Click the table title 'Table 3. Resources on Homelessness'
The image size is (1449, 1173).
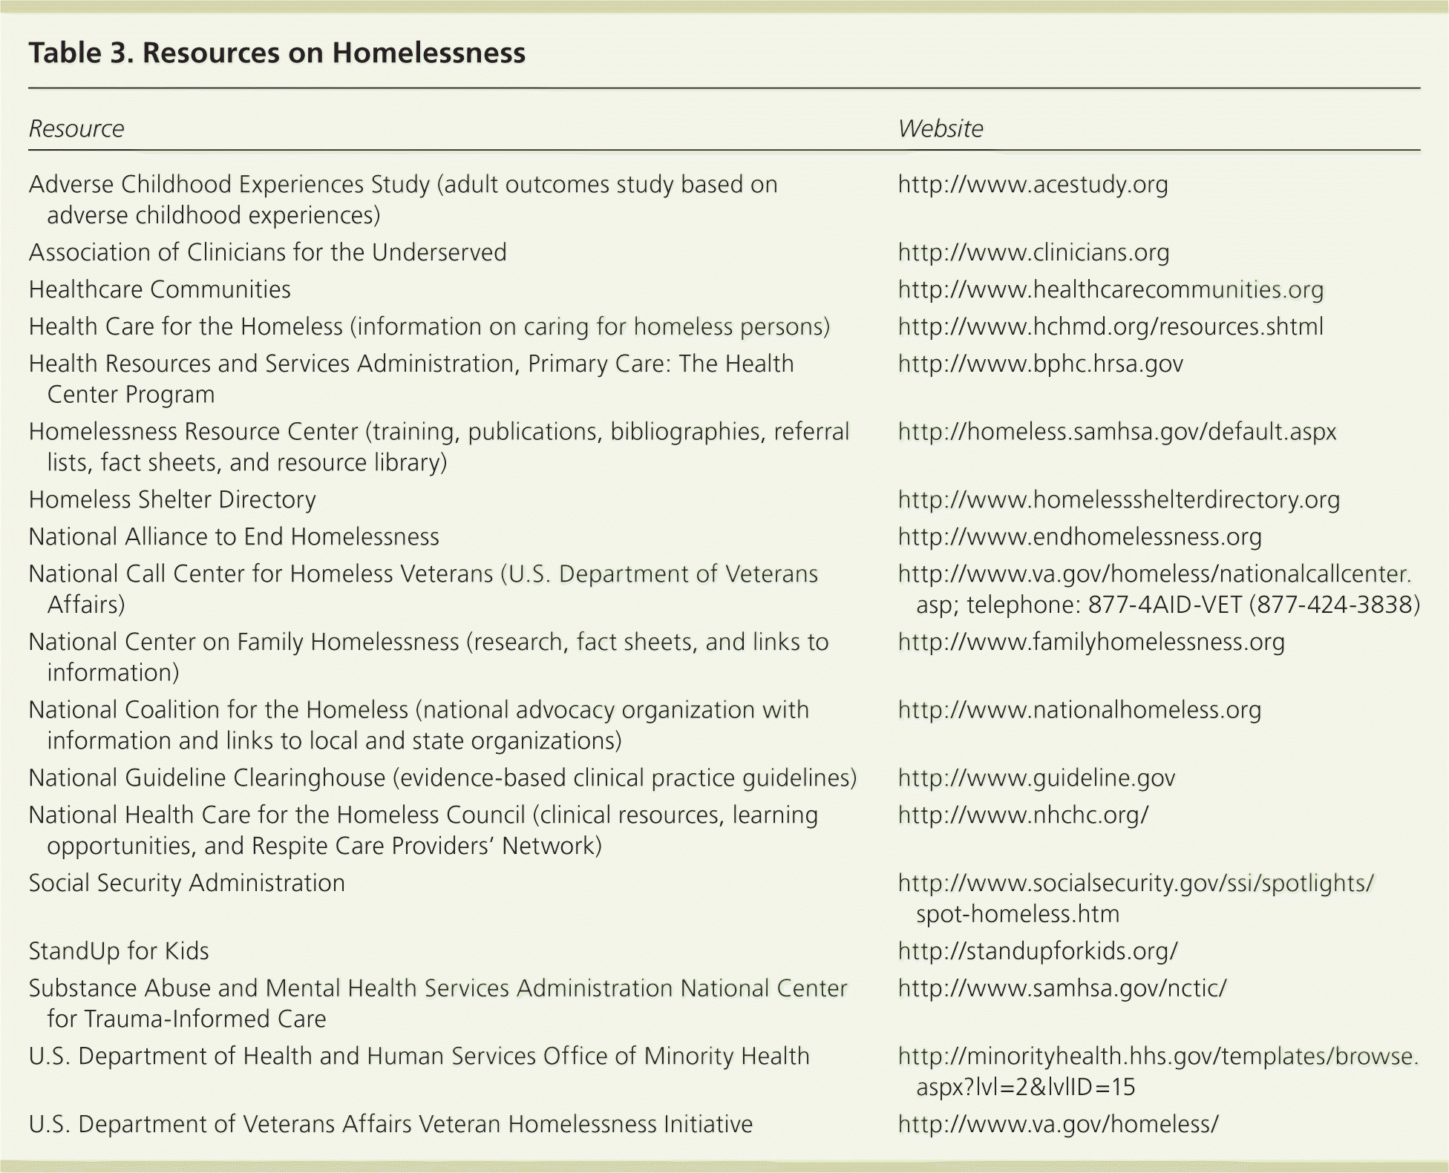pos(277,53)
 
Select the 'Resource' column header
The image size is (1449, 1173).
pos(76,129)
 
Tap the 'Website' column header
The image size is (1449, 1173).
pos(940,129)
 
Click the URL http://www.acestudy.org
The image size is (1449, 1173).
pos(1033,185)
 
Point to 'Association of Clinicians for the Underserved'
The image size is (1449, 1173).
pos(267,253)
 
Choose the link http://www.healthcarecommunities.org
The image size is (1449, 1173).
pos(1111,290)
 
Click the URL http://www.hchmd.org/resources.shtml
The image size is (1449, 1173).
pos(1111,327)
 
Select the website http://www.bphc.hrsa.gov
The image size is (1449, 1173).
pos(1040,364)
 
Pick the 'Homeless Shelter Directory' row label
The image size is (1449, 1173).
pos(172,500)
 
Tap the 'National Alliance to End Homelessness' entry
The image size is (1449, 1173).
pos(234,537)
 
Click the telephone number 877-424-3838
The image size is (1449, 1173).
pos(1335,605)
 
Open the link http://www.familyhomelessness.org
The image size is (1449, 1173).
pos(1091,643)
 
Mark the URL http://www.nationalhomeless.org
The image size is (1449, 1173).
pos(1079,711)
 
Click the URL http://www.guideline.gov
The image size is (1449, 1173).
pos(1036,778)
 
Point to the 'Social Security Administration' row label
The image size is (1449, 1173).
pos(187,884)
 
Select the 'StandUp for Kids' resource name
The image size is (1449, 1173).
pos(119,952)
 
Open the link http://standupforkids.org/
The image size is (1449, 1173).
pos(1038,952)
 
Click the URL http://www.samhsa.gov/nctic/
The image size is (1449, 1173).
pos(1062,989)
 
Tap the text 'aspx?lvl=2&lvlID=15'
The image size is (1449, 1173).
pos(1025,1088)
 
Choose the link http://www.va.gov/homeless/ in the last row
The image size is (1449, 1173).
pos(1058,1125)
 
